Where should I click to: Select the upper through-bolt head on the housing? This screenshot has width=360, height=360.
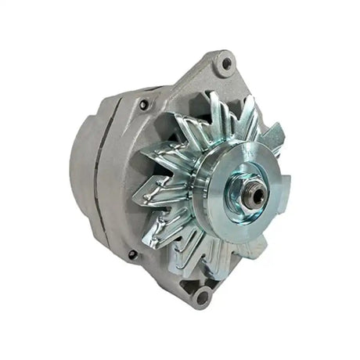coord(144,104)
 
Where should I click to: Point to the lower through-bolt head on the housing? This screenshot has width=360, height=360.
coord(133,254)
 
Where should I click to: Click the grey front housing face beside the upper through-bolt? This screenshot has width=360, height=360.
coord(160,110)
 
